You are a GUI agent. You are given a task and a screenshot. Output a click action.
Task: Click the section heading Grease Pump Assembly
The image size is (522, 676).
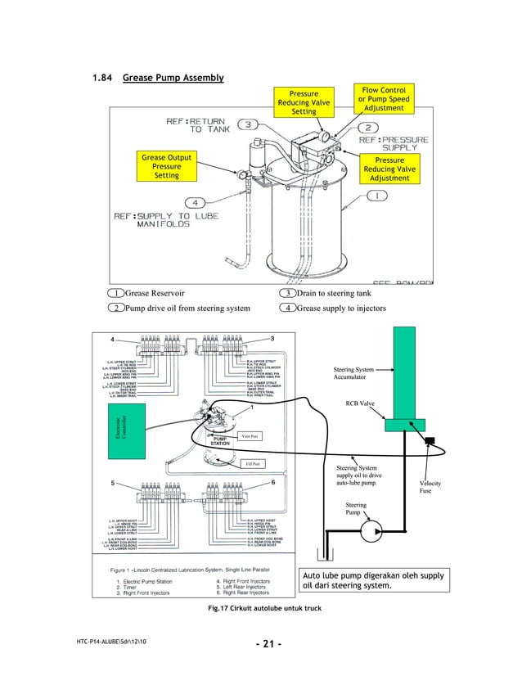[x=173, y=79]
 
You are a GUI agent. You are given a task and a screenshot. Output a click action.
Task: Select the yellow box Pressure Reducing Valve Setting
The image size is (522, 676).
[x=304, y=103]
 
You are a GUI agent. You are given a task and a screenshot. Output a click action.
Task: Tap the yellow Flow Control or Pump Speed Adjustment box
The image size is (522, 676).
[x=383, y=98]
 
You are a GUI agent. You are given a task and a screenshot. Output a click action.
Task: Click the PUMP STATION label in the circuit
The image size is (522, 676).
[x=221, y=441]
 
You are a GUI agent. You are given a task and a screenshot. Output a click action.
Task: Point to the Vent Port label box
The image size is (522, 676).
[x=250, y=435]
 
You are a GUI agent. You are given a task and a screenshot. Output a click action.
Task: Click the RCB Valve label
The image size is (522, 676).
[x=359, y=403]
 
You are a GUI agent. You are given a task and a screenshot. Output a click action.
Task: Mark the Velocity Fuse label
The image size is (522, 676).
[x=430, y=488]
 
